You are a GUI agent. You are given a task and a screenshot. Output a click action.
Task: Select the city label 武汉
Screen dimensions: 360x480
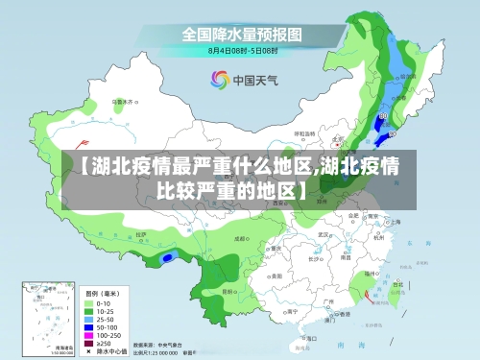coord(324,234)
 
